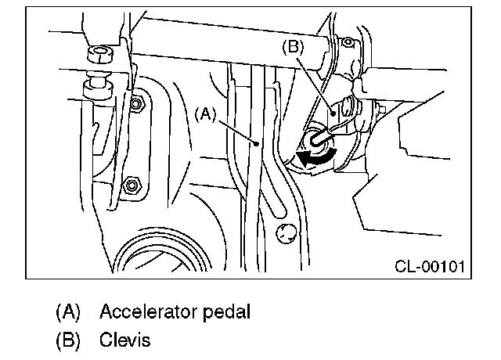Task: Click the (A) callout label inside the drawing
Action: click(x=204, y=113)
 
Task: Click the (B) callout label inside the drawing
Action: click(x=292, y=47)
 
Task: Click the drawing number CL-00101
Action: click(x=429, y=266)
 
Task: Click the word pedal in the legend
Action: click(x=226, y=311)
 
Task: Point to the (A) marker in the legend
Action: click(x=68, y=311)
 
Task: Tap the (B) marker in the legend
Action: click(x=68, y=341)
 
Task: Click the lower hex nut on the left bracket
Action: click(x=131, y=185)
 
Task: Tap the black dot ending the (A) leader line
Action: click(x=256, y=143)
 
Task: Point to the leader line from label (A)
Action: click(x=235, y=128)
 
